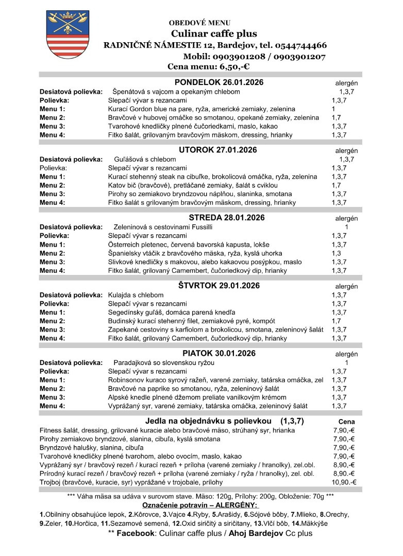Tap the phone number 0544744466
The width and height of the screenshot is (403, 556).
click(294, 45)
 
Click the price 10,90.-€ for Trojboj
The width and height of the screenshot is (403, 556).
click(344, 482)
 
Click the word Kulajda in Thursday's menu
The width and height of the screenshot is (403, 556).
click(120, 295)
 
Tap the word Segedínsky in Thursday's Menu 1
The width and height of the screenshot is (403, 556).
click(125, 312)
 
